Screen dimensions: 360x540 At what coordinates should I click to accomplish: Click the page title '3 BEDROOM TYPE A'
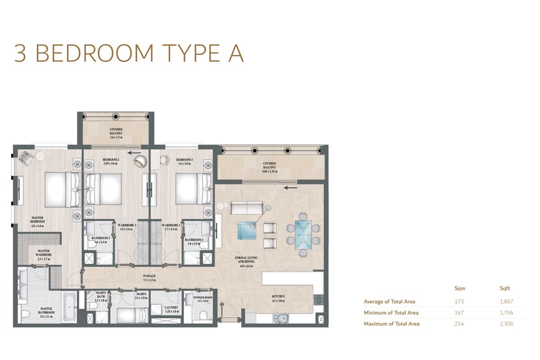point(129,53)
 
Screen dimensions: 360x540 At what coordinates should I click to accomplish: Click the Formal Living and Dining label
point(246,261)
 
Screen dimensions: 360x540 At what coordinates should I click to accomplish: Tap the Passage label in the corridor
point(150,277)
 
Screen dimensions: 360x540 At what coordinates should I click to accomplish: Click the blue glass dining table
point(303,234)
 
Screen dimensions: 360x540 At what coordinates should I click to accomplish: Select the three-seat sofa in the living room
point(247,208)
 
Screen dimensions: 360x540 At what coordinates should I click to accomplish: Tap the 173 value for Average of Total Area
point(459,302)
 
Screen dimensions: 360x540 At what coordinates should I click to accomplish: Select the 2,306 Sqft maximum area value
point(506,324)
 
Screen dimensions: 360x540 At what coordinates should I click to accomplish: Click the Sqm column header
point(460,288)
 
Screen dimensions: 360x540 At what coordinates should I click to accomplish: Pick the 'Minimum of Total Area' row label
point(391,313)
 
